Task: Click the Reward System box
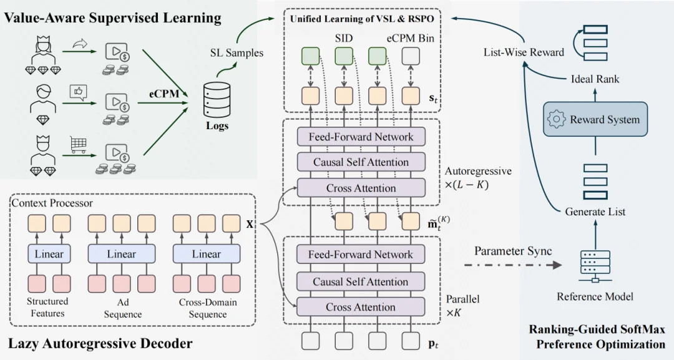[x=593, y=120]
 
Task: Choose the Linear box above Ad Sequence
[x=121, y=254]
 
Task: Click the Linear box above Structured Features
[x=48, y=254]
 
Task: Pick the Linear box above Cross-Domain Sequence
[x=206, y=254]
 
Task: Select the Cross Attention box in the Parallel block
[x=361, y=307]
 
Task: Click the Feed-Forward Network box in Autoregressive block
[x=361, y=137]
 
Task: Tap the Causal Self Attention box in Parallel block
[x=361, y=281]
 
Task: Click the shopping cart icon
[x=78, y=145]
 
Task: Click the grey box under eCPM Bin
[x=410, y=57]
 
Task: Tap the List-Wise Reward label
[x=524, y=52]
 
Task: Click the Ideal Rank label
[x=595, y=79]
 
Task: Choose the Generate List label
[x=595, y=212]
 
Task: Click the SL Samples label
[x=237, y=53]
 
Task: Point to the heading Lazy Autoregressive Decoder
[x=100, y=343]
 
